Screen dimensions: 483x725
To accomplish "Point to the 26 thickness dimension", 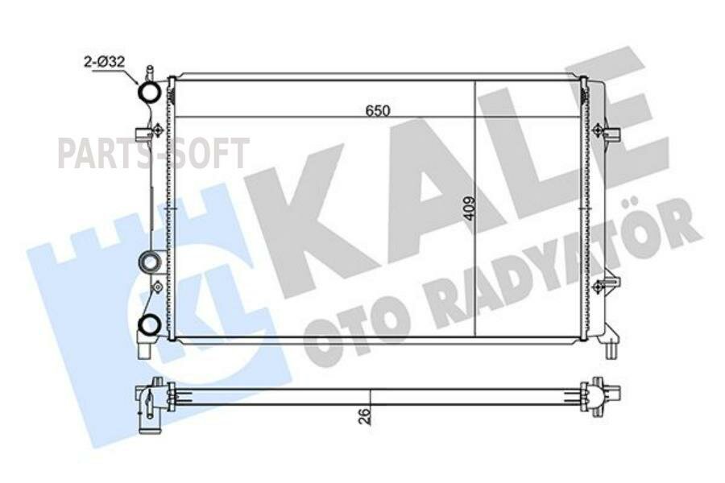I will click(364, 415).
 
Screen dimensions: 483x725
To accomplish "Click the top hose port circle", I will click(151, 93).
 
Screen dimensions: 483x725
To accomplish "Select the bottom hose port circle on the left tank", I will click(149, 324).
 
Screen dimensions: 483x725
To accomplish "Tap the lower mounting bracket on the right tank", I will click(607, 285).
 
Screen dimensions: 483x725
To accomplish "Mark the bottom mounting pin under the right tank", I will click(611, 348).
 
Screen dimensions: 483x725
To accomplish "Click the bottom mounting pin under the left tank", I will click(145, 350).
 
